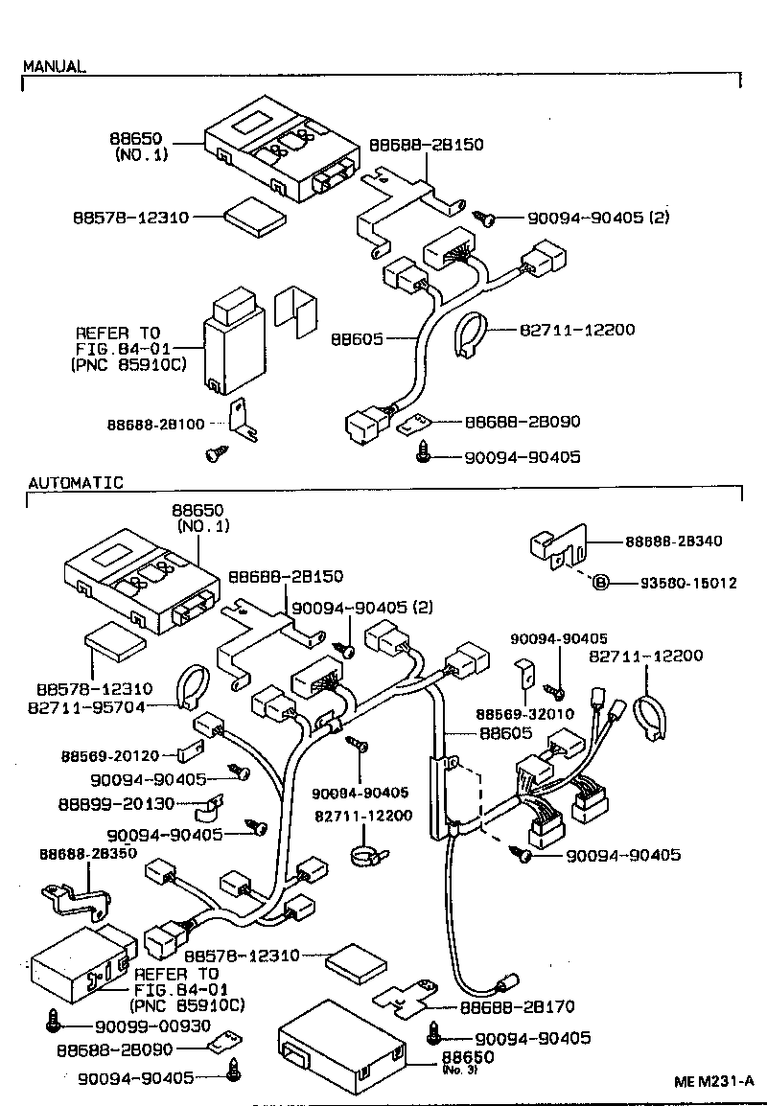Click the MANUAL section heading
[x=54, y=67]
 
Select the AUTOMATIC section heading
[x=75, y=483]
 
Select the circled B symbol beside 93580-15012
[x=599, y=583]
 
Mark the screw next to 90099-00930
[x=55, y=1024]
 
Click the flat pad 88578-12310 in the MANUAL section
[x=255, y=218]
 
